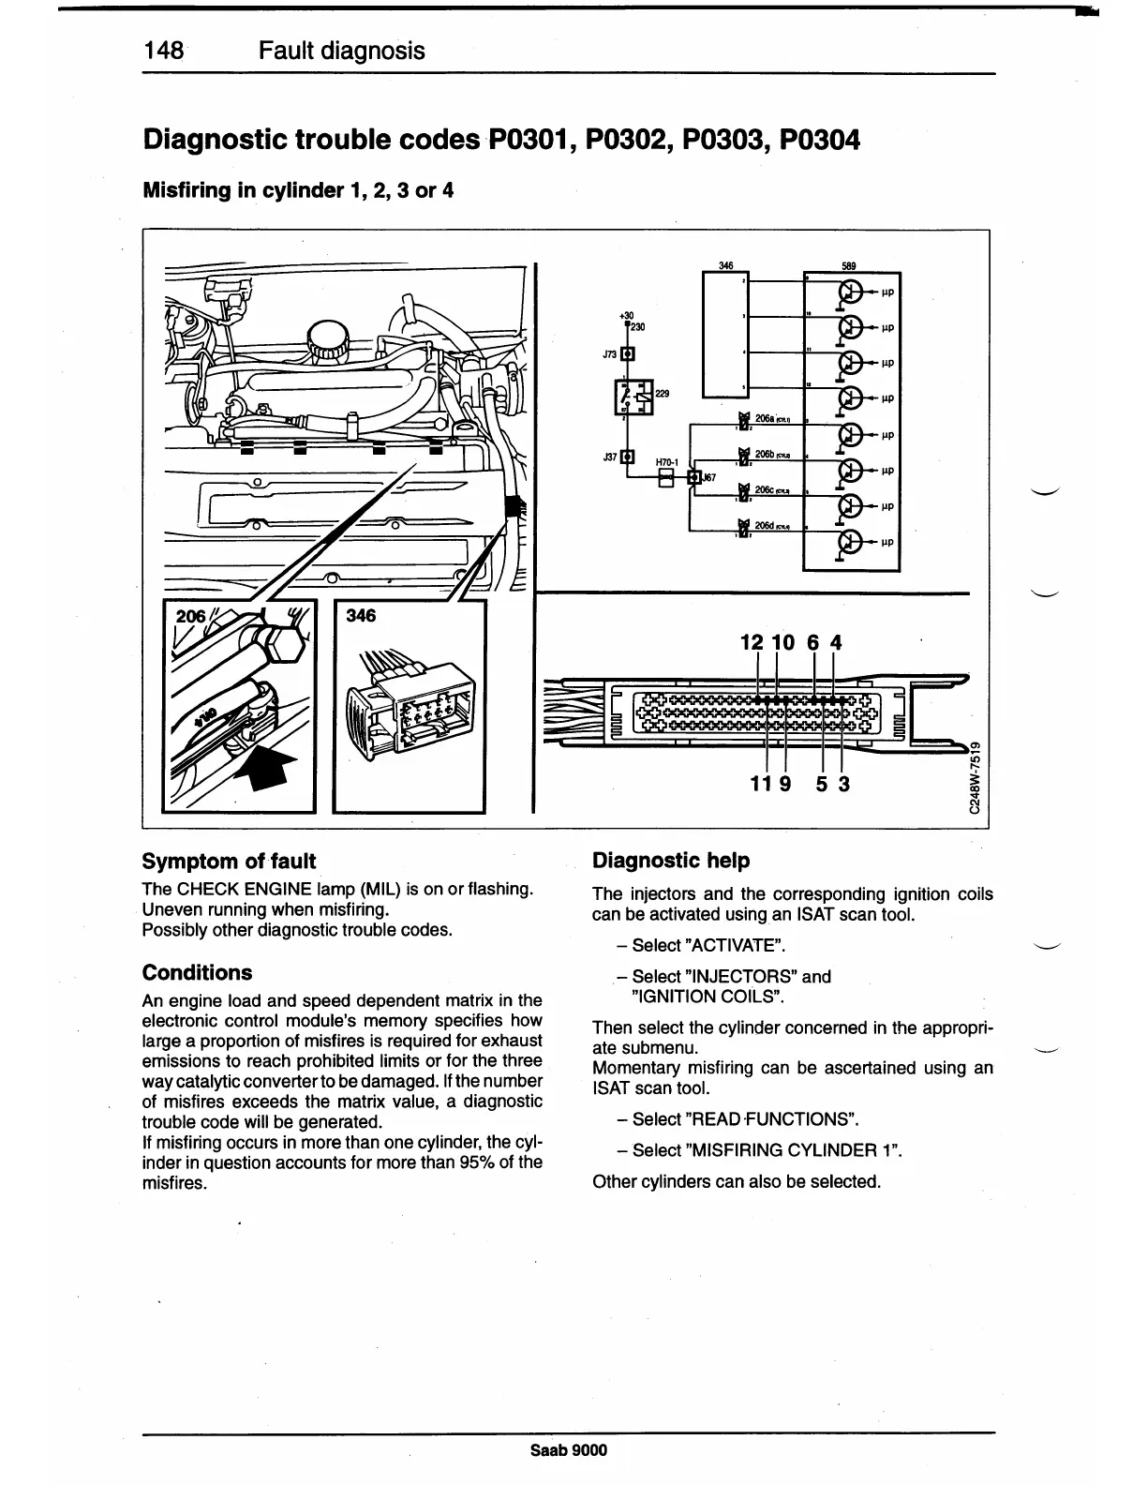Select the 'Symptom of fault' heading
pyautogui.click(x=229, y=861)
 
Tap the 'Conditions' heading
pyautogui.click(x=197, y=972)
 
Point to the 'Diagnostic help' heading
pyautogui.click(x=671, y=860)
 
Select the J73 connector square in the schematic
pyautogui.click(x=628, y=353)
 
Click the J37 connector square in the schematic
pyautogui.click(x=628, y=457)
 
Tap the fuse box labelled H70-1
pyautogui.click(x=665, y=478)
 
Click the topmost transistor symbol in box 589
pyautogui.click(x=851, y=292)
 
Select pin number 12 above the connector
pyautogui.click(x=752, y=642)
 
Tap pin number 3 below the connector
pyautogui.click(x=843, y=782)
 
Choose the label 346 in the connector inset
pyautogui.click(x=361, y=615)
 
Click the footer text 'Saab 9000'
pyautogui.click(x=569, y=1450)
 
